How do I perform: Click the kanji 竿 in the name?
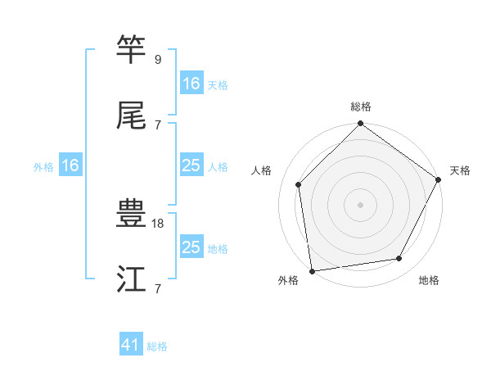132,49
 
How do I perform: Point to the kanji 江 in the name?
132,281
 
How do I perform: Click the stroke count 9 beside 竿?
158,59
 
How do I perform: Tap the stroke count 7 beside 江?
158,288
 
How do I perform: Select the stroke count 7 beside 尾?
158,125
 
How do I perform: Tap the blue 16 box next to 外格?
70,166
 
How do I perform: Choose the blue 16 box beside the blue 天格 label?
191,84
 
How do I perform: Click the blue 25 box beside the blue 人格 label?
191,166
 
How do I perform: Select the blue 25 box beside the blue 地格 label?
191,247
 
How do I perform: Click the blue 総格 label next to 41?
157,346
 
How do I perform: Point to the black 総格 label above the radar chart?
361,107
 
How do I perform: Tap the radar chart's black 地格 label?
429,281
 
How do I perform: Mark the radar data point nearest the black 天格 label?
439,180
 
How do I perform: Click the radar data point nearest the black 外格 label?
312,270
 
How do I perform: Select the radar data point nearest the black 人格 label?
299,184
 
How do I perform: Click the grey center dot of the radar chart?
361,205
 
